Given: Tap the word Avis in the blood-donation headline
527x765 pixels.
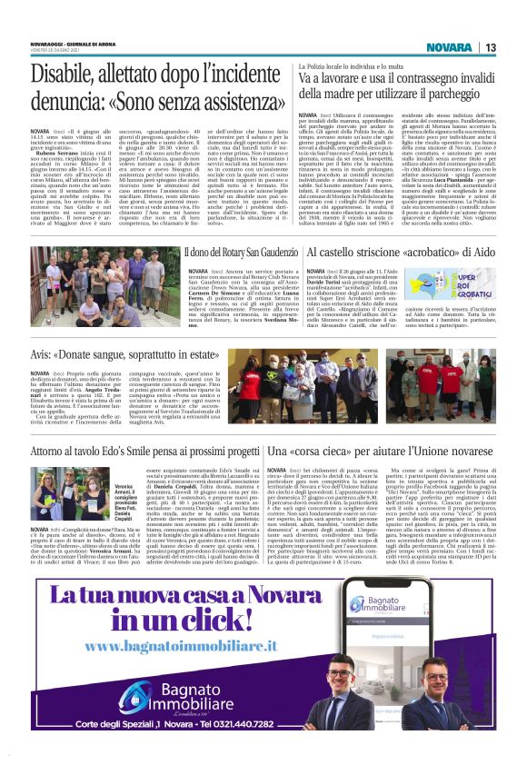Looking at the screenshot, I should pos(43,354).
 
